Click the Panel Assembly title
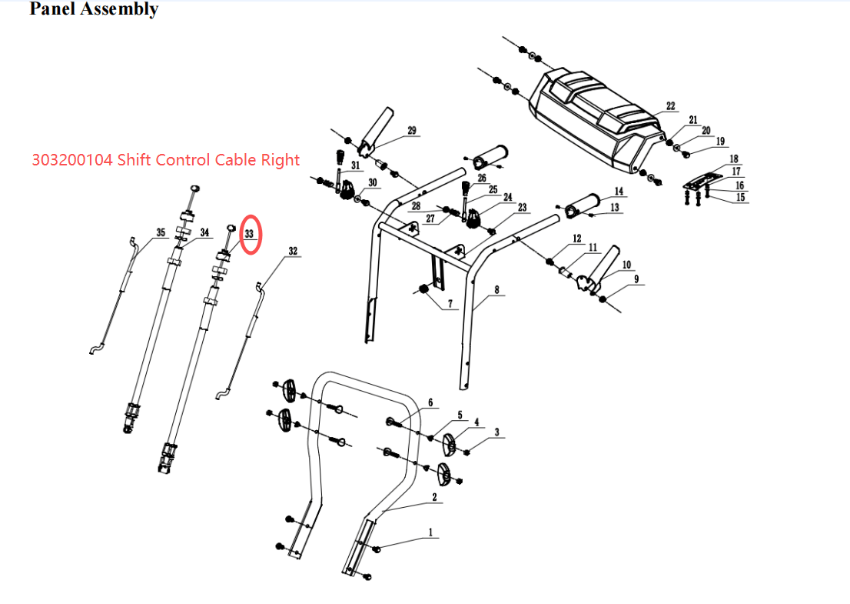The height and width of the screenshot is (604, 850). (x=94, y=10)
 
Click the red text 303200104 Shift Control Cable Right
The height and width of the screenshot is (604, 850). (x=165, y=160)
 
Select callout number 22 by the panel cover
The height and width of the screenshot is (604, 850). (x=670, y=106)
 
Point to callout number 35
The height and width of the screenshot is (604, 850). (x=160, y=232)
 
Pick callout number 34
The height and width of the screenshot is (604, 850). (x=204, y=232)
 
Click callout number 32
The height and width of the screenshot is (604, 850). (x=293, y=251)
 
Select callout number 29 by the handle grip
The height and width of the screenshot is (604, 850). (x=412, y=131)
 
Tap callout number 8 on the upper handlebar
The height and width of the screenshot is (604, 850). (x=497, y=290)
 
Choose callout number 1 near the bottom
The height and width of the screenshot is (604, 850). (x=430, y=532)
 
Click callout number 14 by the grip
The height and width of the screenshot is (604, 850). (x=619, y=191)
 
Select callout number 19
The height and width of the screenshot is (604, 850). (x=720, y=141)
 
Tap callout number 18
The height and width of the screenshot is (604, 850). (x=733, y=159)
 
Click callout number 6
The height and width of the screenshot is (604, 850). (x=430, y=402)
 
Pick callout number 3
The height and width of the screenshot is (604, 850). (x=497, y=433)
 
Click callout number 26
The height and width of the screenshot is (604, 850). (x=482, y=178)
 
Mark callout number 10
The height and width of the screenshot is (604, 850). (x=626, y=265)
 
